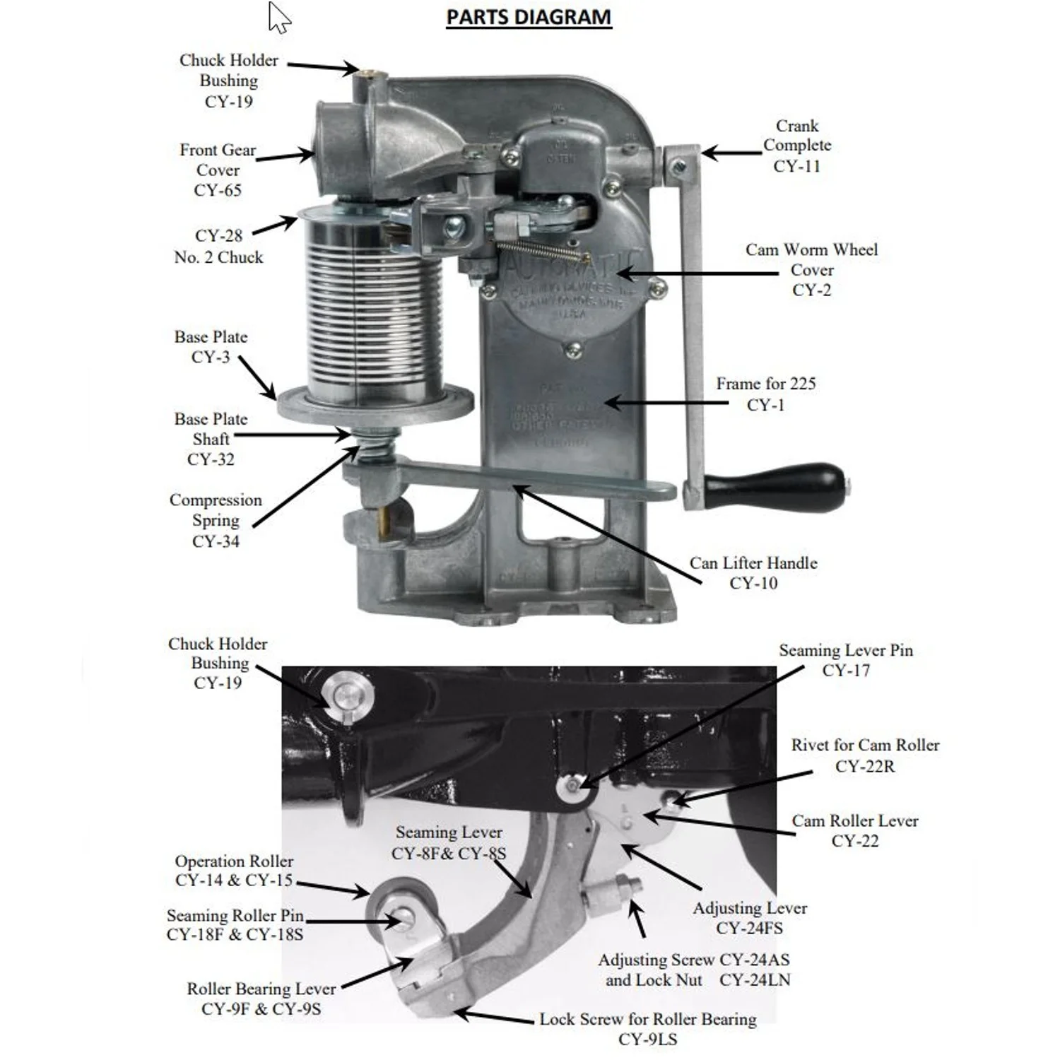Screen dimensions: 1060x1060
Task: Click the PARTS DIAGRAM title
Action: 529,17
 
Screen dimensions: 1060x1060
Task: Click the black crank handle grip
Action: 774,487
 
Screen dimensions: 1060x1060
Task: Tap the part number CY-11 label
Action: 796,166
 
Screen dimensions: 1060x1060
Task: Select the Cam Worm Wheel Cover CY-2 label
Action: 811,269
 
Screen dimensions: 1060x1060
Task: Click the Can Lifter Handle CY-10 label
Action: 753,572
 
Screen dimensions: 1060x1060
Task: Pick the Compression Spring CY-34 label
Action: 216,520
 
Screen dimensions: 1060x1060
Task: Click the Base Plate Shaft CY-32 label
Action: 211,439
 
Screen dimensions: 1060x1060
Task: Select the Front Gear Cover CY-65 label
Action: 218,170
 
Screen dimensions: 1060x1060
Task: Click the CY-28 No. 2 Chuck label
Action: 218,246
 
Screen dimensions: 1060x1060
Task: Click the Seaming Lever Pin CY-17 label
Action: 846,659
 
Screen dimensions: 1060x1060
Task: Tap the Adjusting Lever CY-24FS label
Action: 750,917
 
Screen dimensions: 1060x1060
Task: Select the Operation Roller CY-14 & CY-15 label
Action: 234,871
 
